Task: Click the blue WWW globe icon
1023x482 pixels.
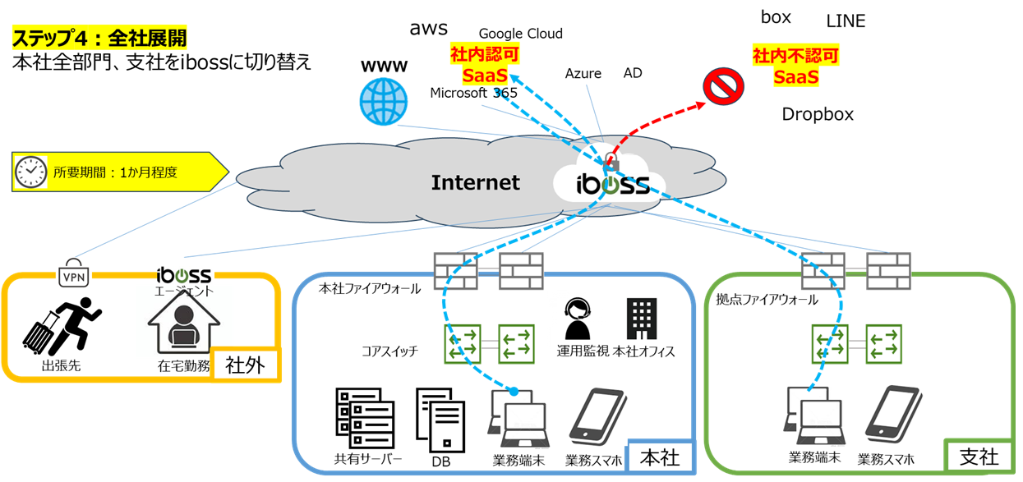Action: click(384, 102)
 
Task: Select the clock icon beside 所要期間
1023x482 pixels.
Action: click(30, 172)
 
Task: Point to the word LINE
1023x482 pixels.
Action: click(846, 21)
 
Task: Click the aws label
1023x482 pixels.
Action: click(429, 29)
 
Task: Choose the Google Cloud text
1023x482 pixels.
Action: click(521, 34)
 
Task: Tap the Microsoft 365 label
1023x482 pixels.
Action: click(473, 93)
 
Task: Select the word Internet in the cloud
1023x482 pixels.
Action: click(476, 182)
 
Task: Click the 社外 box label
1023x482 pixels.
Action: click(245, 364)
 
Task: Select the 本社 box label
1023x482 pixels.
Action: click(660, 457)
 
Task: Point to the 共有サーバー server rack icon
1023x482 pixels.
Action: click(365, 418)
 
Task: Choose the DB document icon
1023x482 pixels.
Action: click(441, 420)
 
